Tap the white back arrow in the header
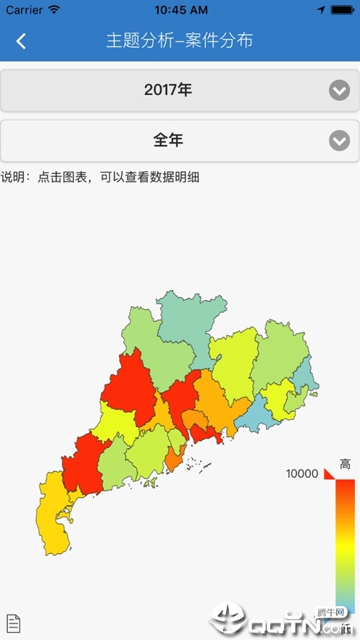21,41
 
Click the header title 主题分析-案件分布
180,41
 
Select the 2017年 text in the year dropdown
168,90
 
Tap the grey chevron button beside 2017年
339,91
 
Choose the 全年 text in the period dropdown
168,141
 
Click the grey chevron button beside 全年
339,141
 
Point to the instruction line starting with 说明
100,177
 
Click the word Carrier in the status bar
24,10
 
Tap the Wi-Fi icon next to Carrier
54,10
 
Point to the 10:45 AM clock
180,10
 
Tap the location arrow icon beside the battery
321,10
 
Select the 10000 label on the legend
302,473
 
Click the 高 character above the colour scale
345,465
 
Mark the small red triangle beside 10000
328,473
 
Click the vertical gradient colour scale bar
345,544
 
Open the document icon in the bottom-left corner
13,623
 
